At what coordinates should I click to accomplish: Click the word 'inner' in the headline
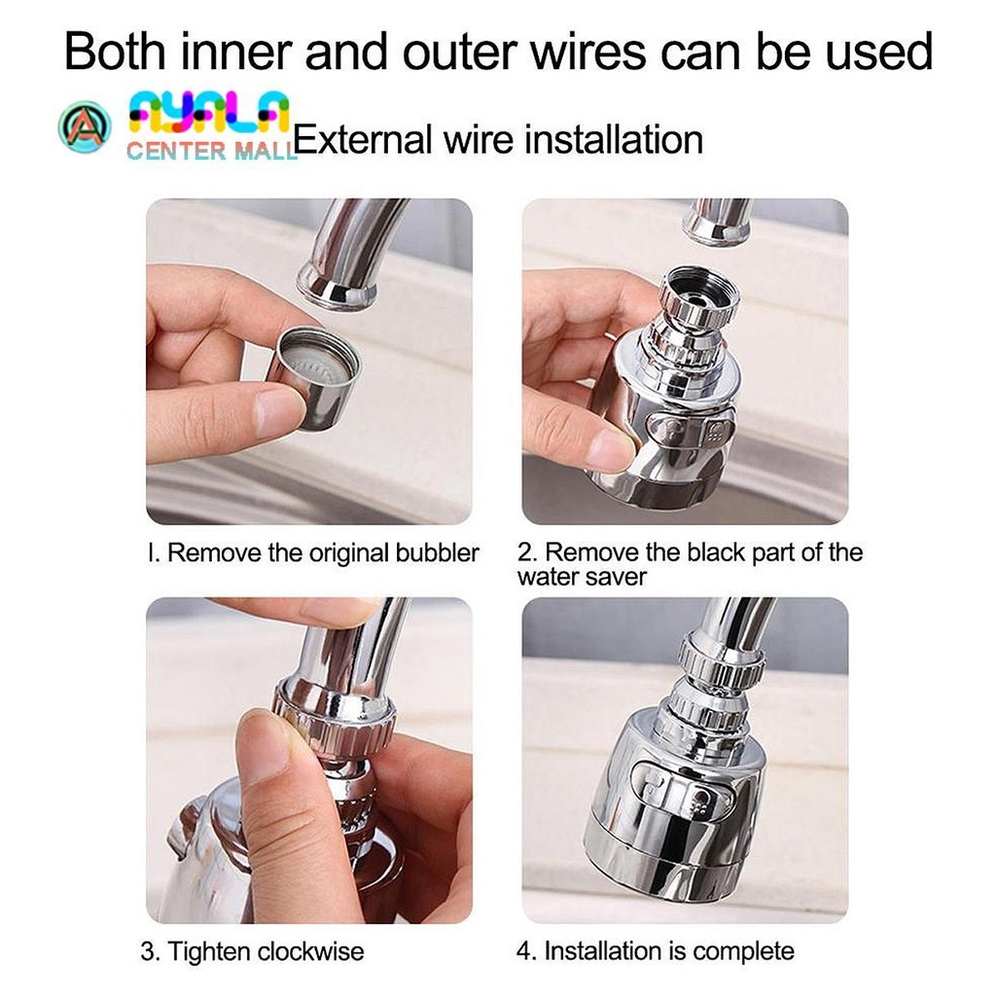pyautogui.click(x=235, y=52)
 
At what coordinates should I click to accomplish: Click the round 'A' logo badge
pyautogui.click(x=84, y=127)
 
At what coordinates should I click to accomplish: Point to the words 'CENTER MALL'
pyautogui.click(x=211, y=151)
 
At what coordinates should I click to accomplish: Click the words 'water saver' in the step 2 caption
pyautogui.click(x=582, y=578)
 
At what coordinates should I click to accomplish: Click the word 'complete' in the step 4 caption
pyautogui.click(x=743, y=952)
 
